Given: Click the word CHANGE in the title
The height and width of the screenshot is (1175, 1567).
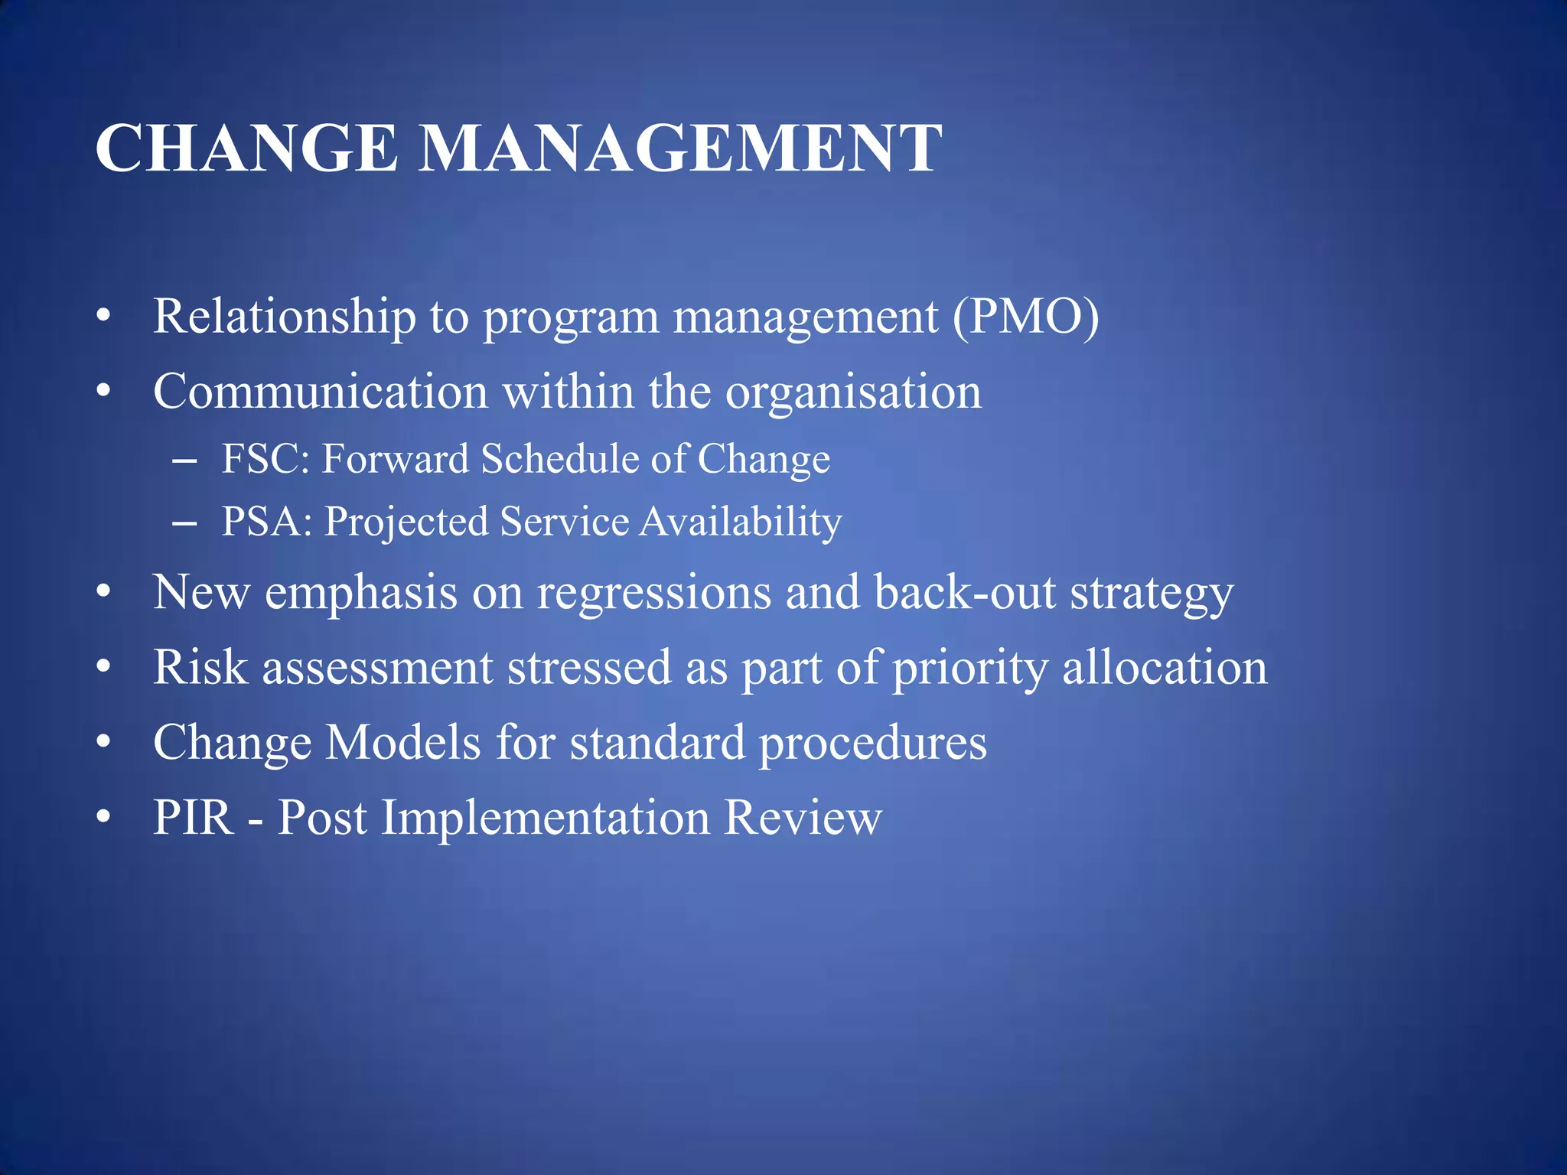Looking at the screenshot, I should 246,148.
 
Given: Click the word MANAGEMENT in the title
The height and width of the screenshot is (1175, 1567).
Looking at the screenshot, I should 680,148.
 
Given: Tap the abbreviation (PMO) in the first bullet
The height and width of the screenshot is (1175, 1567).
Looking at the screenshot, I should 1025,316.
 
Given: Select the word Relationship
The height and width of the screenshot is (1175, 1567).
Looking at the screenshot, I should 284,317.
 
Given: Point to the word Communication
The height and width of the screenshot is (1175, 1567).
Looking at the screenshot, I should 321,392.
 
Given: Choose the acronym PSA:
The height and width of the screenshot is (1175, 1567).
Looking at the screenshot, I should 267,522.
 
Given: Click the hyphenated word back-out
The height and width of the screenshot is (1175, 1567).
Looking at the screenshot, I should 965,593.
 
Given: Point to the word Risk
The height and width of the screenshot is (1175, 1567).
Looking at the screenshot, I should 200,667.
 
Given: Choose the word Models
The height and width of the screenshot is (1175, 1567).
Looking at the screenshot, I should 403,742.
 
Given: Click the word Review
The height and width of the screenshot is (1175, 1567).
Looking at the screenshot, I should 803,818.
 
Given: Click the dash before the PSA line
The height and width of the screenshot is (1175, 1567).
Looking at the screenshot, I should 184,524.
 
